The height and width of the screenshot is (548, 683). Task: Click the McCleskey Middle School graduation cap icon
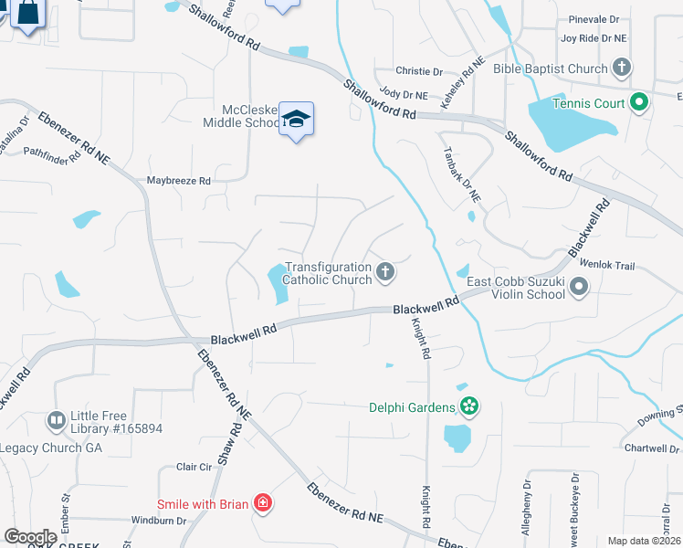point(297,119)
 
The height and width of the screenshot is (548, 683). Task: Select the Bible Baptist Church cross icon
point(622,68)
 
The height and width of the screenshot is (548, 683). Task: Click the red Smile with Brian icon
point(263,502)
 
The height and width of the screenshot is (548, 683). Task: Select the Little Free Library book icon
point(56,420)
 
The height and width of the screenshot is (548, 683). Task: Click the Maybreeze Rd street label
point(179,181)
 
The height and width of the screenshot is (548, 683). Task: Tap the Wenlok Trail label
point(636,266)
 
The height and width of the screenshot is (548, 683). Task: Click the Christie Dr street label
point(419,71)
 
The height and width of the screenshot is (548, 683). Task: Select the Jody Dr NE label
point(404,94)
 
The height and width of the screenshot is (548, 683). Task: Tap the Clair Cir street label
point(194,467)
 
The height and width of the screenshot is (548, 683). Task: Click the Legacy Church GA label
point(50,448)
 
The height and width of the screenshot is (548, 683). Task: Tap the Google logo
point(30,537)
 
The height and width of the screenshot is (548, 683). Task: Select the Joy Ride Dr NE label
point(594,38)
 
